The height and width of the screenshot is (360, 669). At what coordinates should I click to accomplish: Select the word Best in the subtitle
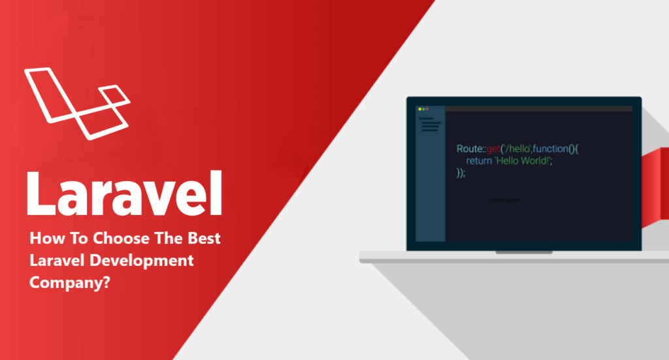click(204, 238)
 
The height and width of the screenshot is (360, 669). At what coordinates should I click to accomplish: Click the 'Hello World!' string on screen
click(523, 161)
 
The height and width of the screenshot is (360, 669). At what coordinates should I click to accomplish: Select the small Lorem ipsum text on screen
click(504, 200)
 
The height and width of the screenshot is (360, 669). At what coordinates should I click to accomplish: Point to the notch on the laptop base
click(523, 252)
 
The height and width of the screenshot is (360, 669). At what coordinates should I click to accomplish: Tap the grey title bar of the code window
click(536, 108)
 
